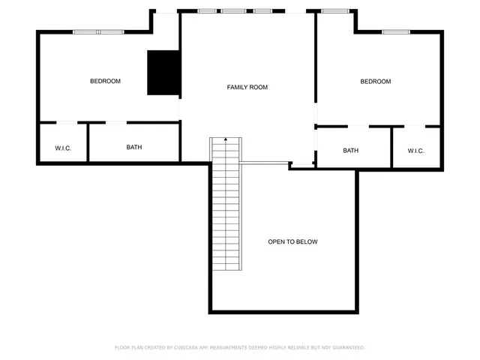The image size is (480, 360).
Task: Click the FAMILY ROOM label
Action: coord(247,88)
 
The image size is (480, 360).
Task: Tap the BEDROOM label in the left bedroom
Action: coord(105,81)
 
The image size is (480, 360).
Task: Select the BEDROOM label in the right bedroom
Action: coord(375,81)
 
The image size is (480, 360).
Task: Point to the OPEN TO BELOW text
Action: coord(292,241)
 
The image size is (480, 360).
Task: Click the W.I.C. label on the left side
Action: coord(63,148)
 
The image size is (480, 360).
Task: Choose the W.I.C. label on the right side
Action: coord(415,151)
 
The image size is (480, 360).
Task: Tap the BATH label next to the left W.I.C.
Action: coord(133,147)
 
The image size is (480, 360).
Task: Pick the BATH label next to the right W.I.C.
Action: coord(350,151)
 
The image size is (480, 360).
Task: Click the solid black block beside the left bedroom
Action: coord(163,73)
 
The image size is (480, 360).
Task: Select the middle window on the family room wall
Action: coord(233,11)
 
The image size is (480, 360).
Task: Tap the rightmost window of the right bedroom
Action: coord(395,31)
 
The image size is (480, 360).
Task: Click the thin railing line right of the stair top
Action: coord(264,163)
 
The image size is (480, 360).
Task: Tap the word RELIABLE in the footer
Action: coord(301,347)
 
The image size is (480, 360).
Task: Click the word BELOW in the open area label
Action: coord(307,241)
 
